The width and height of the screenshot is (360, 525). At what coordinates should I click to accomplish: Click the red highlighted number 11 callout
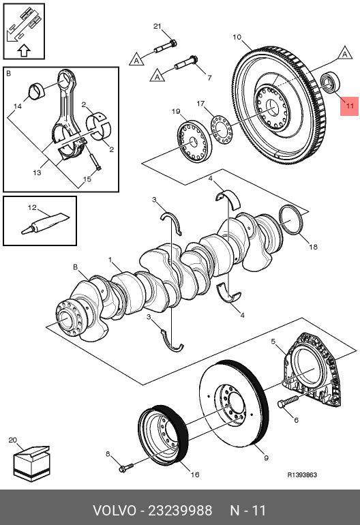click(x=349, y=106)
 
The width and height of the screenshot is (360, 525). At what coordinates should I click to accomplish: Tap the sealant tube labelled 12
click(x=46, y=224)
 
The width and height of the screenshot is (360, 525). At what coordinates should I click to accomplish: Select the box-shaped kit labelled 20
click(x=31, y=464)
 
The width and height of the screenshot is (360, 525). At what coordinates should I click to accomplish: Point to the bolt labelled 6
click(x=288, y=401)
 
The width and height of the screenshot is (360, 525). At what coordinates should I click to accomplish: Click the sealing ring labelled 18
click(x=290, y=220)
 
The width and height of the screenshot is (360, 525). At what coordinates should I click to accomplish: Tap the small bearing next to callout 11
click(x=330, y=82)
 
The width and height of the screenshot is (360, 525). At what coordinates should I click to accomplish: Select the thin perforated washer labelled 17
click(x=221, y=128)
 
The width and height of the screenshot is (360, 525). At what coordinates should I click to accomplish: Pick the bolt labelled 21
click(x=166, y=47)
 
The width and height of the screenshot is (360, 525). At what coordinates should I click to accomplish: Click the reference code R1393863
click(x=302, y=475)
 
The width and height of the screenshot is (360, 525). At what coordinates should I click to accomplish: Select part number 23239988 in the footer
click(x=180, y=511)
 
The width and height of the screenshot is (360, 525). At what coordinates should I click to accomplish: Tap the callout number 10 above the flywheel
click(x=237, y=37)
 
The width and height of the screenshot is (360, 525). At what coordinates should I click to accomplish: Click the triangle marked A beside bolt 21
click(x=136, y=59)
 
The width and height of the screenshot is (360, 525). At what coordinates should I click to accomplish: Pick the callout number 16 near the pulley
click(x=195, y=475)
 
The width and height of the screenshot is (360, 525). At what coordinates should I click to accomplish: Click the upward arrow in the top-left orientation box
click(x=24, y=50)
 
